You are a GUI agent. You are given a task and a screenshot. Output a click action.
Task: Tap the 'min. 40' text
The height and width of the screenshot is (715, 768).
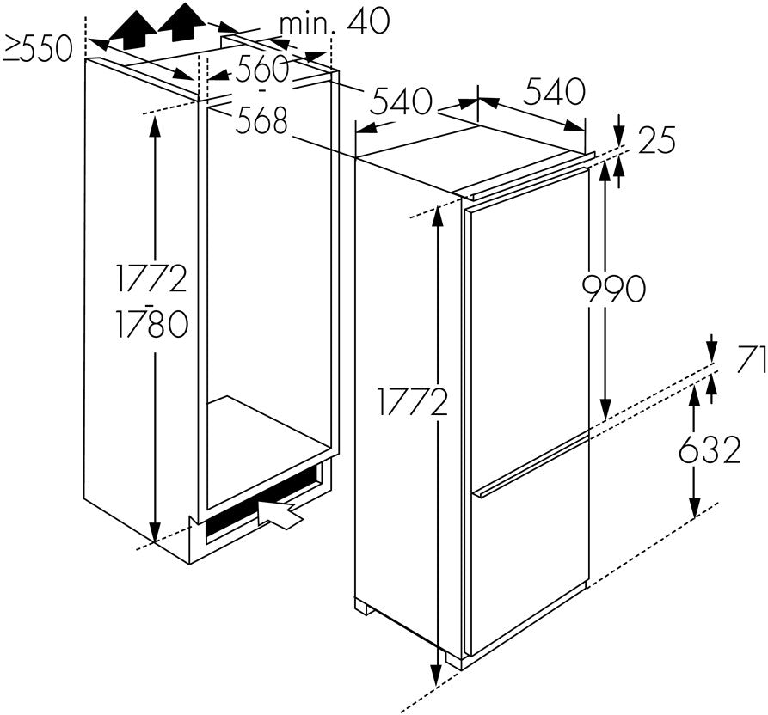pos(334,21)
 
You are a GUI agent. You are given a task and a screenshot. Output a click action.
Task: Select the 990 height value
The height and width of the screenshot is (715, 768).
pos(613,290)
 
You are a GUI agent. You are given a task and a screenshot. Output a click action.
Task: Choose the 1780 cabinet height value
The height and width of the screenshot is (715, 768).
pos(153,325)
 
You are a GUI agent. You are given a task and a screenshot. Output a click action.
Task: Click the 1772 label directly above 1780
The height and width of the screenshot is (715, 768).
pos(153,278)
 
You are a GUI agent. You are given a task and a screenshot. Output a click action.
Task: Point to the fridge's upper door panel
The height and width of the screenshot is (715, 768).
pos(526,309)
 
